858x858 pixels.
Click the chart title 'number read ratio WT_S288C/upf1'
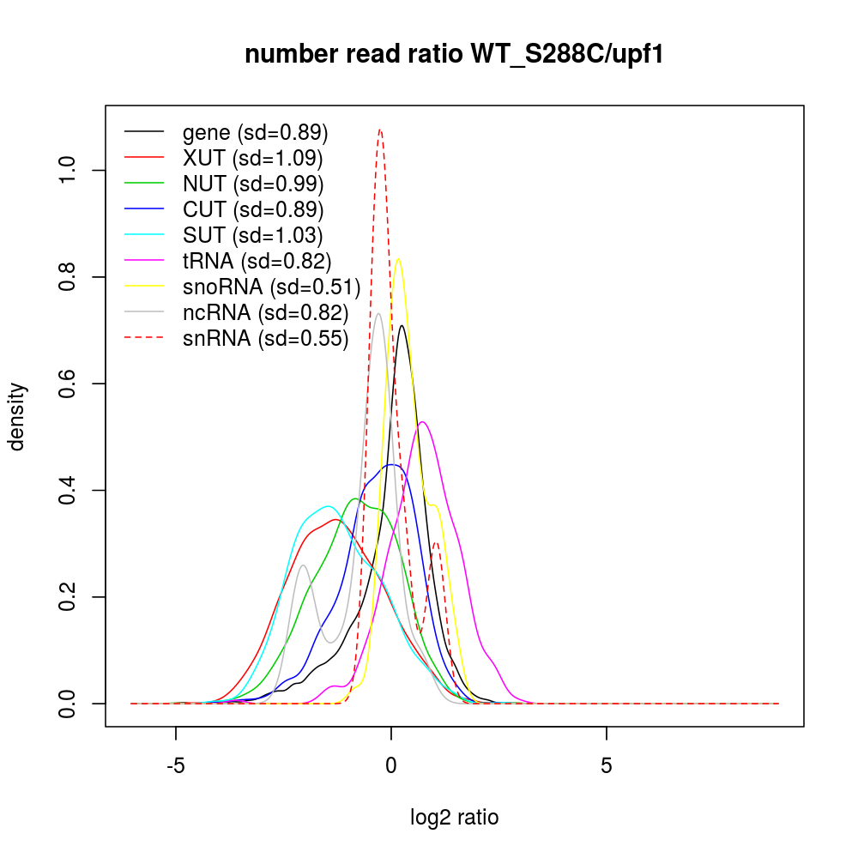455,55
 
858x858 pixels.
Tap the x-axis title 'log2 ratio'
455,817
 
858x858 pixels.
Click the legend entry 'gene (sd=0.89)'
255,133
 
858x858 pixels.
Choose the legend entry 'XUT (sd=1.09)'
252,159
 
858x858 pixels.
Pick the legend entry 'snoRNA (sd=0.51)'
271,287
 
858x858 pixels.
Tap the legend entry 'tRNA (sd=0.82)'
257,262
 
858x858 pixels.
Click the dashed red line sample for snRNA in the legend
144,339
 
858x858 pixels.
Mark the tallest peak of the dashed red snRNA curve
380,130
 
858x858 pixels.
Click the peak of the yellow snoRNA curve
397,259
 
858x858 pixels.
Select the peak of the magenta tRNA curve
423,422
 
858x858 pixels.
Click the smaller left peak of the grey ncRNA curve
303,565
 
